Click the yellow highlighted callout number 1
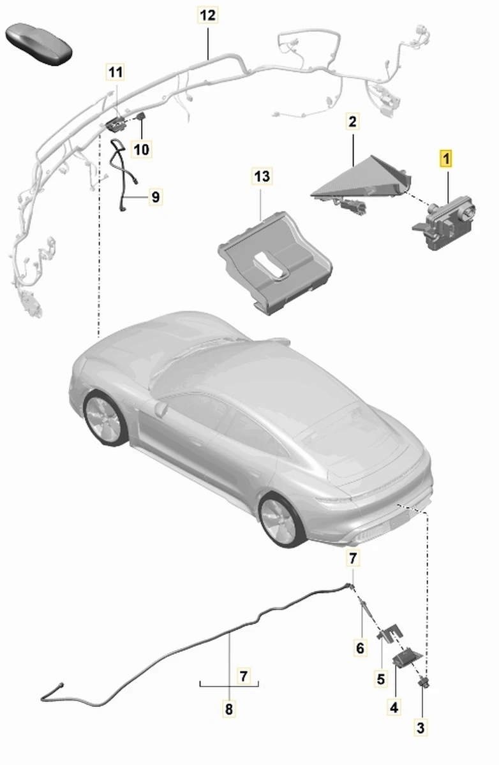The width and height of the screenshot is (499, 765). click(x=445, y=159)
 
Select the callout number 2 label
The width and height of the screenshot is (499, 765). click(x=352, y=122)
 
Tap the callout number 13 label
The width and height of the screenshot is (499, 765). click(x=262, y=176)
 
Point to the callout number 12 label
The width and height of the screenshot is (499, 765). click(x=208, y=15)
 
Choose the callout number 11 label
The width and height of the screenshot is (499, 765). click(x=115, y=72)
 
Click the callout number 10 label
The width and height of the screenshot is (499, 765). click(x=142, y=149)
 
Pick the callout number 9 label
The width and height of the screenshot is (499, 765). click(x=156, y=197)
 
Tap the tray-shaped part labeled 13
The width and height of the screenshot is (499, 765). click(x=274, y=262)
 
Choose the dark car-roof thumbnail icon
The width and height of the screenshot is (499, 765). click(x=39, y=44)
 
